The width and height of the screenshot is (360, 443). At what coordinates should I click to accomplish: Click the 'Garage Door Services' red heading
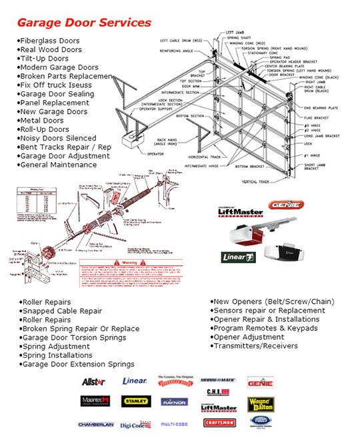[x=84, y=23]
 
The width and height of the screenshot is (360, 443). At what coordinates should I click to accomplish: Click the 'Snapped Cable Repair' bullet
[x=62, y=311]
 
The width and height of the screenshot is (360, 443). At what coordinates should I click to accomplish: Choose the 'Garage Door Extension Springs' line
[x=78, y=364]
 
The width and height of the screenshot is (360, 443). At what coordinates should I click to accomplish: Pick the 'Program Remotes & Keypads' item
[x=266, y=328]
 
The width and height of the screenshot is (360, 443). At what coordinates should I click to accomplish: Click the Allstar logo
[x=93, y=382]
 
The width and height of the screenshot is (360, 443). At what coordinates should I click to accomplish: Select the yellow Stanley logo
[x=136, y=401]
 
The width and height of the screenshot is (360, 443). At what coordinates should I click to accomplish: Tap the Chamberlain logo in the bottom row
[x=96, y=424]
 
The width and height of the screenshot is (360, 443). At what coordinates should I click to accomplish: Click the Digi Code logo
[x=136, y=424]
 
